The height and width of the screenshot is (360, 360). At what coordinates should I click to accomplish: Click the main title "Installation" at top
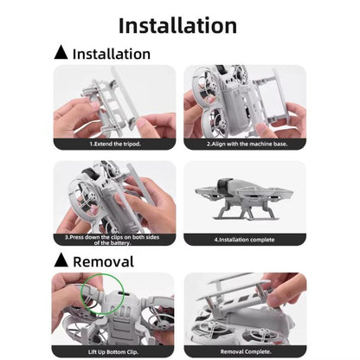(177, 25)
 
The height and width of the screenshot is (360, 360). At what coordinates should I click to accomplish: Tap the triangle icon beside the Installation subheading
(61, 54)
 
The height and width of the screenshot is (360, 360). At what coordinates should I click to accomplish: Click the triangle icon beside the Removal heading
(61, 260)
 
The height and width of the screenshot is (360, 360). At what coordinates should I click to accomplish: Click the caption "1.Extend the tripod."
(114, 144)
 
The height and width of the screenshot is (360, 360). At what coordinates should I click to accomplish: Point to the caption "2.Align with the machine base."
(244, 144)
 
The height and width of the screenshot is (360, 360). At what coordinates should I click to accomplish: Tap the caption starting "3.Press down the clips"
(114, 240)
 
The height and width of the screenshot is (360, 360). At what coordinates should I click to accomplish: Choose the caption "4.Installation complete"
(244, 239)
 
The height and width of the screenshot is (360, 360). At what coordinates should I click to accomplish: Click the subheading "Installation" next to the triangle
(111, 54)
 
